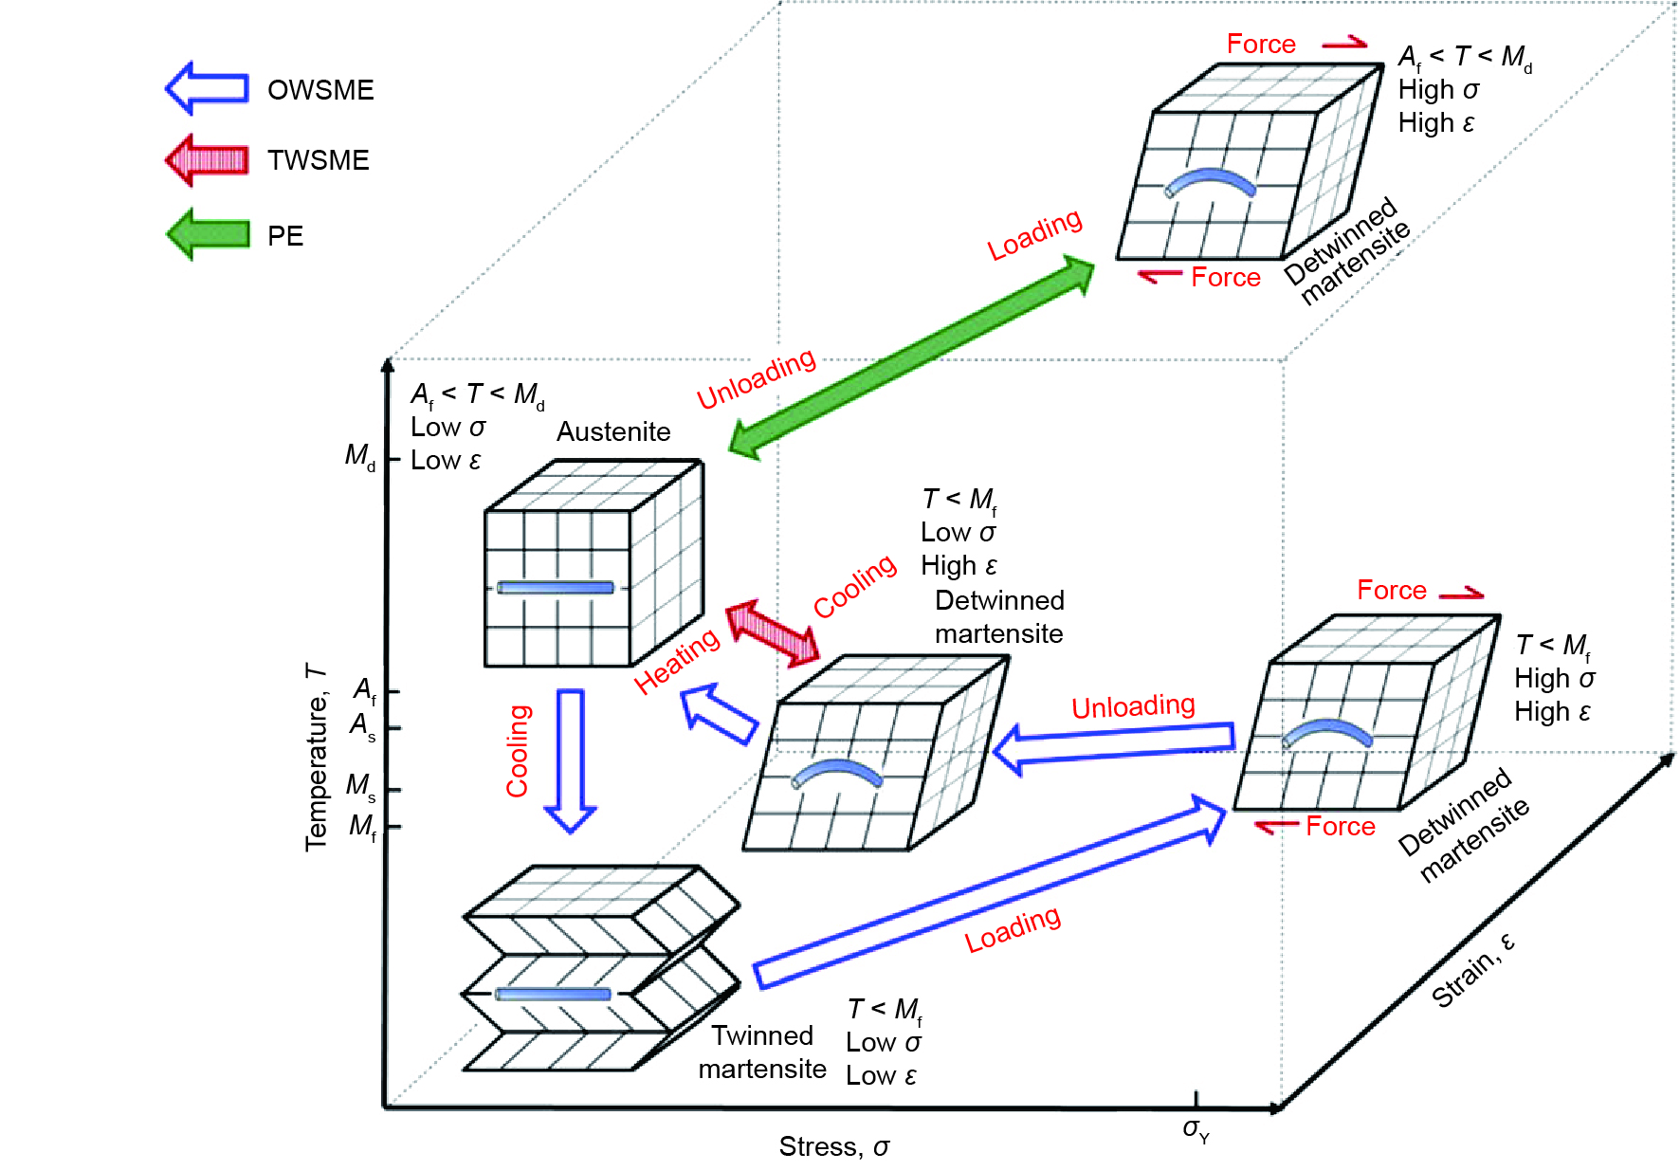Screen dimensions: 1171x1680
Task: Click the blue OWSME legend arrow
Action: coord(208,88)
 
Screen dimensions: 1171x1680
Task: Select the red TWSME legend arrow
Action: coord(208,159)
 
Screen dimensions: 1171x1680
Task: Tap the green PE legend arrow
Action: coord(208,234)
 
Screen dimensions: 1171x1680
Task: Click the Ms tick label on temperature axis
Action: coord(360,786)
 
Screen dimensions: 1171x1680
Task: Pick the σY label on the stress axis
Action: coord(1196,1130)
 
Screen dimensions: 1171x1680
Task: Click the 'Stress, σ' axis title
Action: coord(834,1147)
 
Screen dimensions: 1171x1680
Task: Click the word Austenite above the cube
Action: coord(613,432)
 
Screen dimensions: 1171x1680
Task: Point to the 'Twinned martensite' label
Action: coord(762,1052)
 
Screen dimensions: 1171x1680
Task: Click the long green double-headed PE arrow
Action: coord(912,358)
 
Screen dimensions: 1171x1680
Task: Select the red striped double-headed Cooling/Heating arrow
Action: coord(773,631)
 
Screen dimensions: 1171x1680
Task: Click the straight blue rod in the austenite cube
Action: coord(556,588)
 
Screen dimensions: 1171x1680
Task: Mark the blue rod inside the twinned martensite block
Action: coord(554,994)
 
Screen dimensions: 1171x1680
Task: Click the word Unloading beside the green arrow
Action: coord(756,378)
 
